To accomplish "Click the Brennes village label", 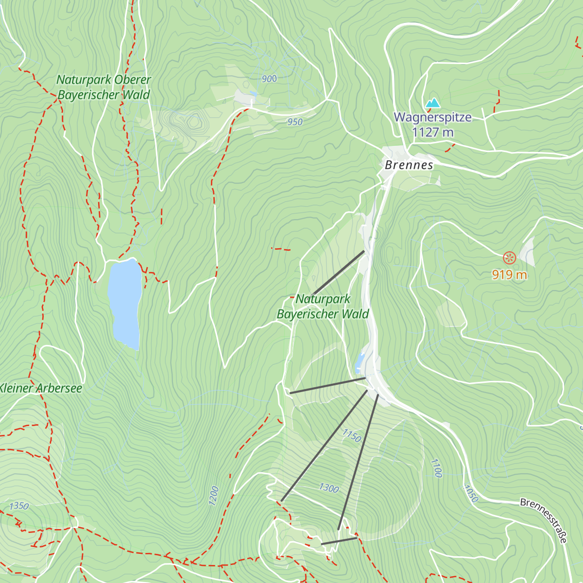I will pos(409,165).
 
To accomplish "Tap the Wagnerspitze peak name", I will pos(432,118).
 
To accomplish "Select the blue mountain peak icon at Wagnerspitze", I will pos(432,103).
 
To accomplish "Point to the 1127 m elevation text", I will pos(432,132).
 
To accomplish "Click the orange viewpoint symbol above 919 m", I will pos(509,257).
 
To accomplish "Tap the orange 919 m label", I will pos(509,275).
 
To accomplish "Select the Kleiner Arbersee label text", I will pos(40,388).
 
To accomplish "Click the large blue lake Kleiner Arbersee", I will pos(124,301).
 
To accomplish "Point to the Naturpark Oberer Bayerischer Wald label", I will pos(103,87).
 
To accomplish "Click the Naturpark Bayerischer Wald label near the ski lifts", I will pos(323,307).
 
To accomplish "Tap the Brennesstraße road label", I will pos(544,520).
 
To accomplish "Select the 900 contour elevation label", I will pos(269,79).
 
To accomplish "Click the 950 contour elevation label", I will pos(295,122).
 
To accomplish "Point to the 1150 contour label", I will pos(351,436).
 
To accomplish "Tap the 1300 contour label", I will pos(329,488).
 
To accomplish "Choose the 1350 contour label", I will pos(19,506).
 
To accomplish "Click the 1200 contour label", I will pos(214,496).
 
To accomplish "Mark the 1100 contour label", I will pos(436,468).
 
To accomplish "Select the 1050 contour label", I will pos(471,494).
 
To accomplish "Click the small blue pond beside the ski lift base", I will pos(360,361).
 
